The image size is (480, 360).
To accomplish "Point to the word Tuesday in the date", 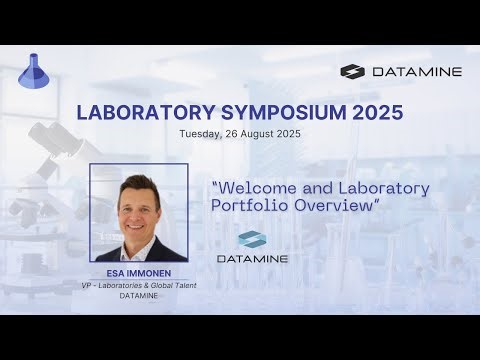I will point(200,133).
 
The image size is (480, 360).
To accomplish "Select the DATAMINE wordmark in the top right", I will point(412,72).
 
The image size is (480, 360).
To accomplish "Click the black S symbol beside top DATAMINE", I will point(354,72).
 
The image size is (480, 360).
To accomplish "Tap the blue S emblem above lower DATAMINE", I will point(253,241).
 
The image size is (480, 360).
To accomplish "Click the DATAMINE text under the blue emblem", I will point(253,259).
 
